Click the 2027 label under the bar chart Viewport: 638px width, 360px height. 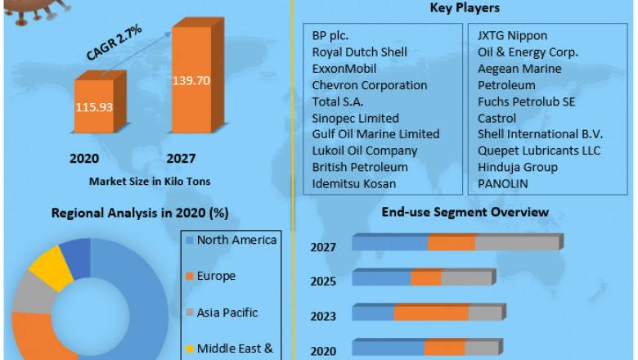pyautogui.click(x=181, y=158)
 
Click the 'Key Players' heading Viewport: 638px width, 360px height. pyautogui.click(x=465, y=8)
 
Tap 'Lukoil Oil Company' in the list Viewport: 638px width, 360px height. pyautogui.click(x=364, y=151)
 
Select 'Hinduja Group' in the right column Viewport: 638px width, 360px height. pyautogui.click(x=518, y=167)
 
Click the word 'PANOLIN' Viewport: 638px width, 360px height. pyautogui.click(x=503, y=183)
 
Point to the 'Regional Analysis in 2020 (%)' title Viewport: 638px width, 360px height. pyautogui.click(x=139, y=214)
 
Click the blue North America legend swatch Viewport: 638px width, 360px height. pyautogui.click(x=190, y=241)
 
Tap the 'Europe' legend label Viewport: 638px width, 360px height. pyautogui.click(x=216, y=277)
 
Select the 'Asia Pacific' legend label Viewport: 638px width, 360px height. pyautogui.click(x=227, y=313)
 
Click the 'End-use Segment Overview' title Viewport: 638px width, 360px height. pyautogui.click(x=465, y=213)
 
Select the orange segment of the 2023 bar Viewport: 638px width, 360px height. pyautogui.click(x=430, y=313)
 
